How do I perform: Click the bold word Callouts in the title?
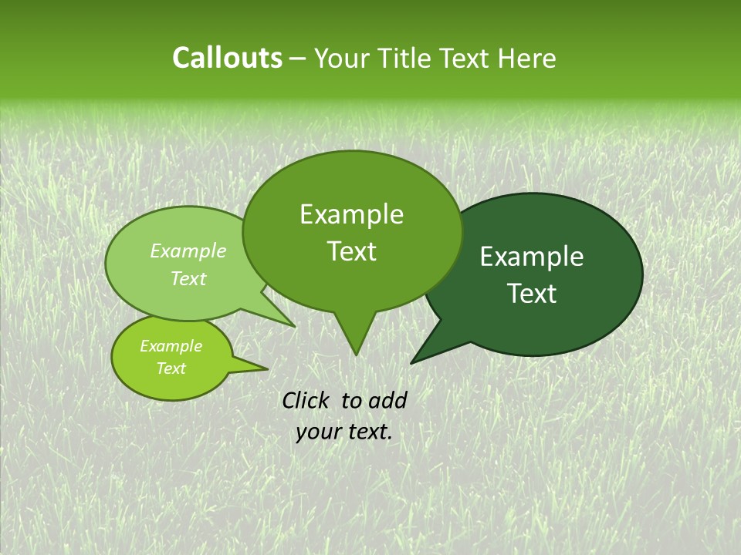pyautogui.click(x=227, y=59)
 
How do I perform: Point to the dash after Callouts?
pyautogui.click(x=298, y=59)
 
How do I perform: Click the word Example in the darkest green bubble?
pyautogui.click(x=532, y=257)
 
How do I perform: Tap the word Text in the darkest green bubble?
pyautogui.click(x=533, y=294)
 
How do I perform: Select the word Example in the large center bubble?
pyautogui.click(x=351, y=215)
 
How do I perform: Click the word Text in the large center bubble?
pyautogui.click(x=352, y=251)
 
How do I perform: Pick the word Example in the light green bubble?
pyautogui.click(x=188, y=251)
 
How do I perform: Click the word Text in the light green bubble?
pyautogui.click(x=188, y=279)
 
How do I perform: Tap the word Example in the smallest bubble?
pyautogui.click(x=171, y=346)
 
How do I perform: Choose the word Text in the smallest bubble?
pyautogui.click(x=171, y=368)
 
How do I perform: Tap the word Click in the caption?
pyautogui.click(x=307, y=400)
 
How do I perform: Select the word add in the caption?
pyautogui.click(x=387, y=400)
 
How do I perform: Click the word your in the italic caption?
pyautogui.click(x=318, y=432)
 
